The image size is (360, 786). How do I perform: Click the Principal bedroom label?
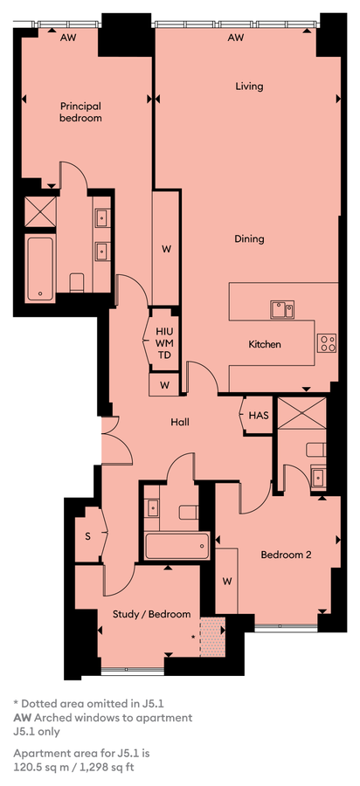[80, 112]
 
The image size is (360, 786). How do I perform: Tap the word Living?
[249, 86]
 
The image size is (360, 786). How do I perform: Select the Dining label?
[249, 238]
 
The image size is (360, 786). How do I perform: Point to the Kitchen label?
[264, 344]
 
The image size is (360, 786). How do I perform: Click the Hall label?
[180, 423]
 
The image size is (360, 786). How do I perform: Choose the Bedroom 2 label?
[287, 555]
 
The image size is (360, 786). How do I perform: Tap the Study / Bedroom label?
[151, 614]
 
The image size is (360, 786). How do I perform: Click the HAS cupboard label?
[259, 415]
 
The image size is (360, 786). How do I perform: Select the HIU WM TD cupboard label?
[164, 343]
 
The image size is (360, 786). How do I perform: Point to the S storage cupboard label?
[87, 536]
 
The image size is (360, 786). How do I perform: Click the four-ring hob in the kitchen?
[328, 343]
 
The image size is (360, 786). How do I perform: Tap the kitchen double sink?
[282, 310]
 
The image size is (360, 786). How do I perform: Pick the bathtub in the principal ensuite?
[40, 269]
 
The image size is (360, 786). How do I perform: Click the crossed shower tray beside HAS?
[301, 413]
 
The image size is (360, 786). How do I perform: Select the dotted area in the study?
[212, 637]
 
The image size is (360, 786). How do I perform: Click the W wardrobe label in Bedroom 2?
[227, 582]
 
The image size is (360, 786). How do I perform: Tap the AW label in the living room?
[236, 38]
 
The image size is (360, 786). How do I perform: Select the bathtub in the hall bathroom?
[177, 546]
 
